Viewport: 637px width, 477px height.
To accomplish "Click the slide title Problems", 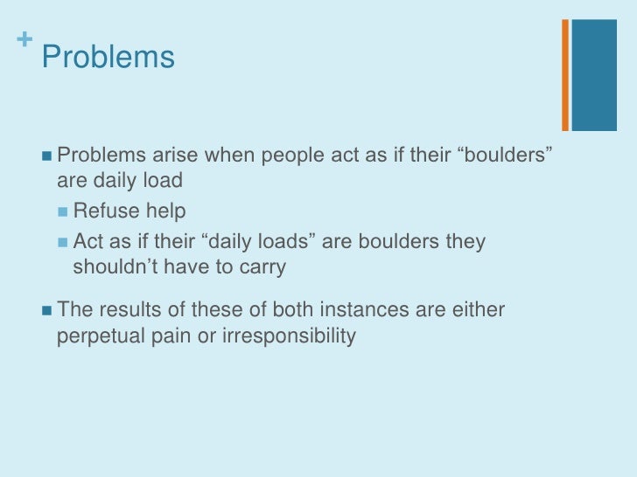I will (108, 58).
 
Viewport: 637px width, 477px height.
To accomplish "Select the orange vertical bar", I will (565, 74).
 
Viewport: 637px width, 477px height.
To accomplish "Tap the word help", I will (163, 211).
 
